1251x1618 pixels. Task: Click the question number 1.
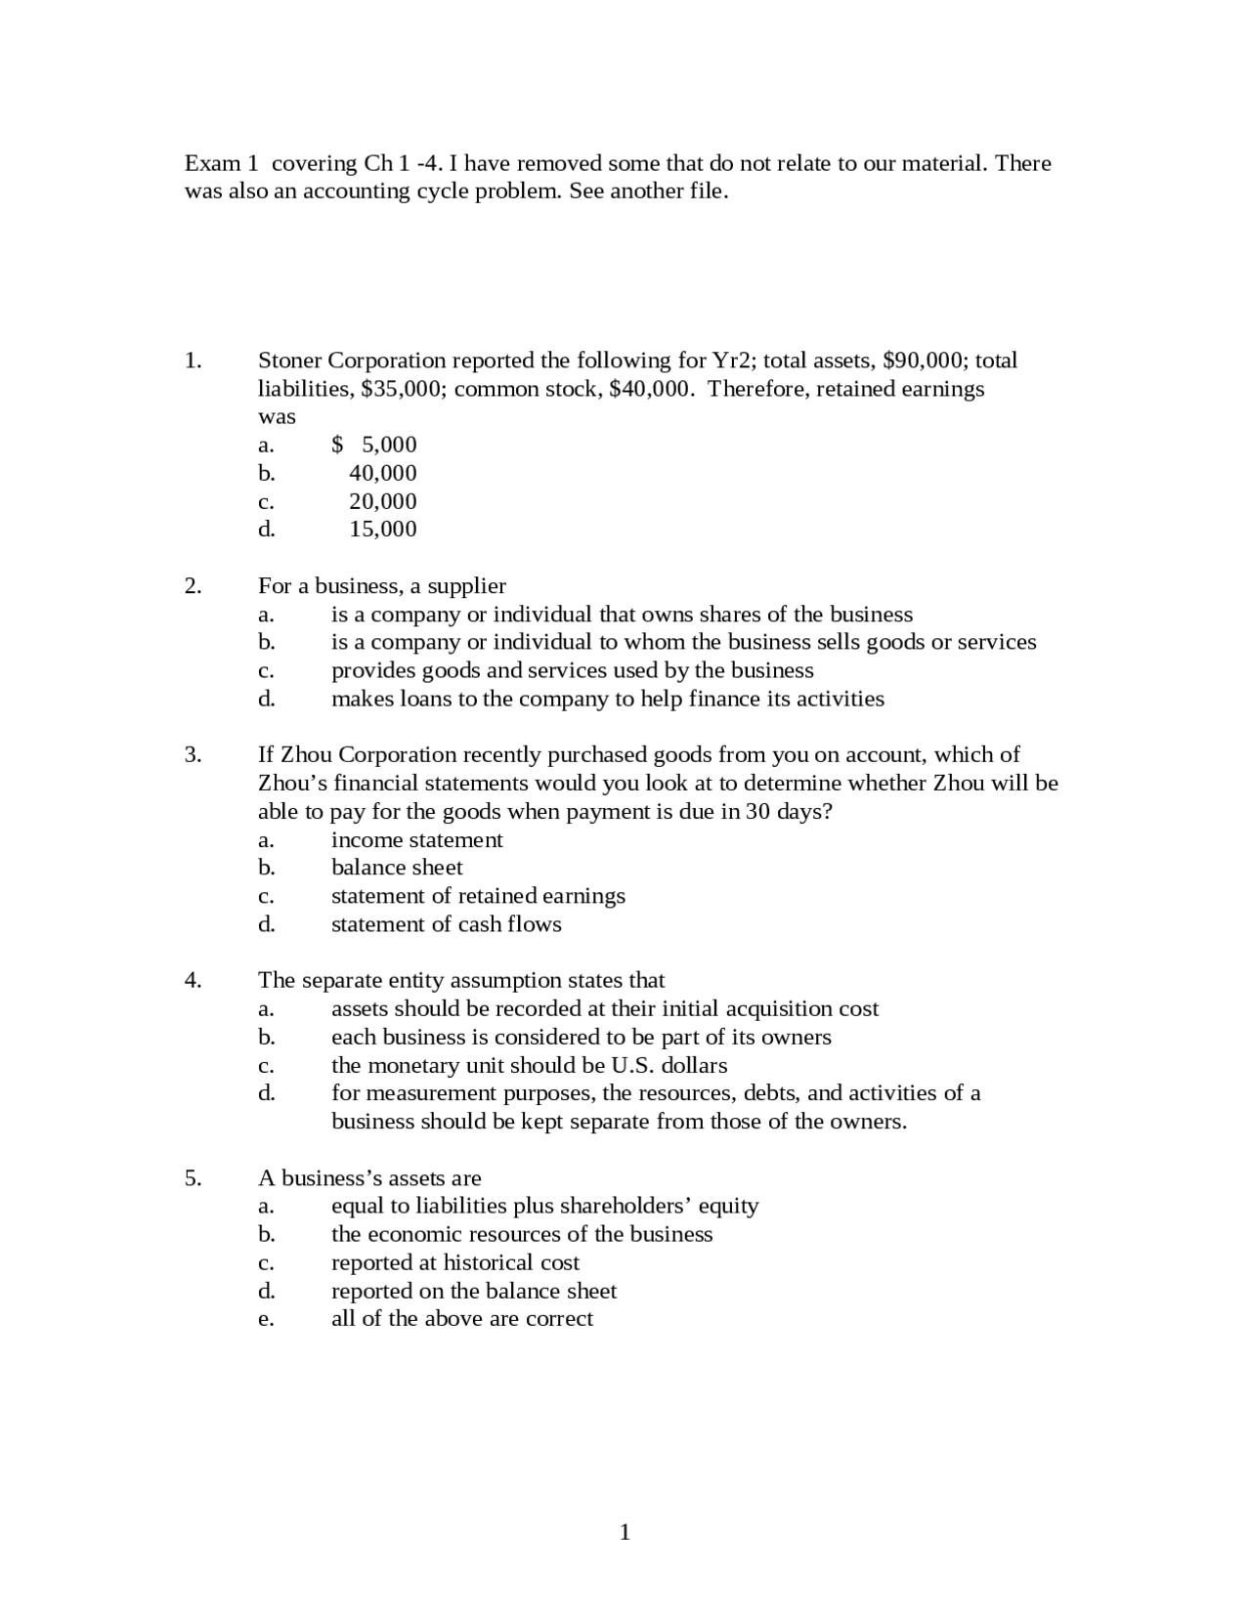pyautogui.click(x=193, y=361)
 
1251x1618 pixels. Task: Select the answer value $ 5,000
pyautogui.click(x=374, y=446)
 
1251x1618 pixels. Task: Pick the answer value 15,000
pyautogui.click(x=383, y=530)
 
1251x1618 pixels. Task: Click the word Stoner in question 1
pyautogui.click(x=288, y=361)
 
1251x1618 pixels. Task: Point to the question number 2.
pyautogui.click(x=193, y=586)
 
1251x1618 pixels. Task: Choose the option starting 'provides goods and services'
pyautogui.click(x=572, y=670)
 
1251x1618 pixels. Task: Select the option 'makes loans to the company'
pyautogui.click(x=607, y=699)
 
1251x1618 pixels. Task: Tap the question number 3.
pyautogui.click(x=193, y=755)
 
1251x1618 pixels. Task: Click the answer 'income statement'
pyautogui.click(x=416, y=840)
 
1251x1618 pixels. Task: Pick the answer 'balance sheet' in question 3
pyautogui.click(x=397, y=868)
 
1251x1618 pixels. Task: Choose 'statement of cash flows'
pyautogui.click(x=446, y=924)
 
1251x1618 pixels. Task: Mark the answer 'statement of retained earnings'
pyautogui.click(x=478, y=896)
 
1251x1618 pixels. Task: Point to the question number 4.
pyautogui.click(x=193, y=981)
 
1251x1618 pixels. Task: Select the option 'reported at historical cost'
pyautogui.click(x=454, y=1262)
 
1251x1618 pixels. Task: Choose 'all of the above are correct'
pyautogui.click(x=461, y=1319)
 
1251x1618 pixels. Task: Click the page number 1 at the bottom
pyautogui.click(x=625, y=1532)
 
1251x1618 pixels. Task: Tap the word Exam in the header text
pyautogui.click(x=213, y=163)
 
